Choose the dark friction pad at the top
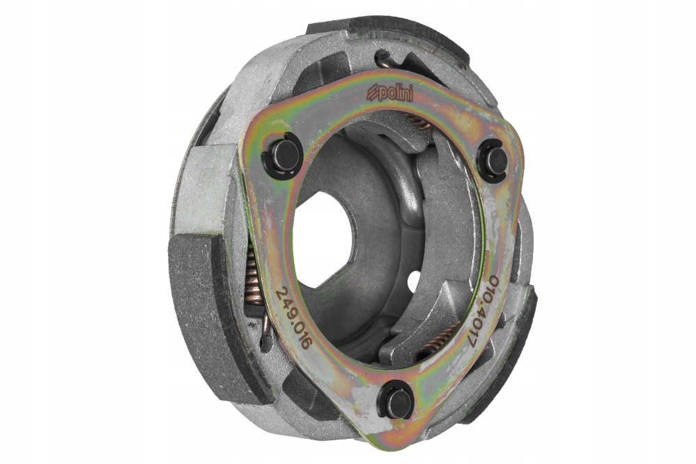390,31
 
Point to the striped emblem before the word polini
372,95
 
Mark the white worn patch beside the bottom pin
362,401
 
